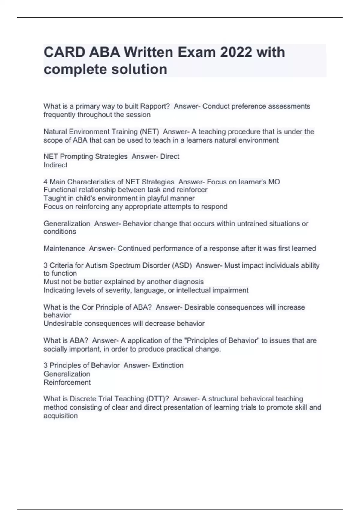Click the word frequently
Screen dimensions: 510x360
click(x=59, y=115)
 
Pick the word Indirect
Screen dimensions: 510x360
click(x=55, y=165)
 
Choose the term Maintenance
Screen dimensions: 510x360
click(x=64, y=248)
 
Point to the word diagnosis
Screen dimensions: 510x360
click(x=187, y=282)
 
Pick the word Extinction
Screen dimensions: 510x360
click(x=168, y=365)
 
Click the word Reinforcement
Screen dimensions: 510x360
click(x=67, y=382)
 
